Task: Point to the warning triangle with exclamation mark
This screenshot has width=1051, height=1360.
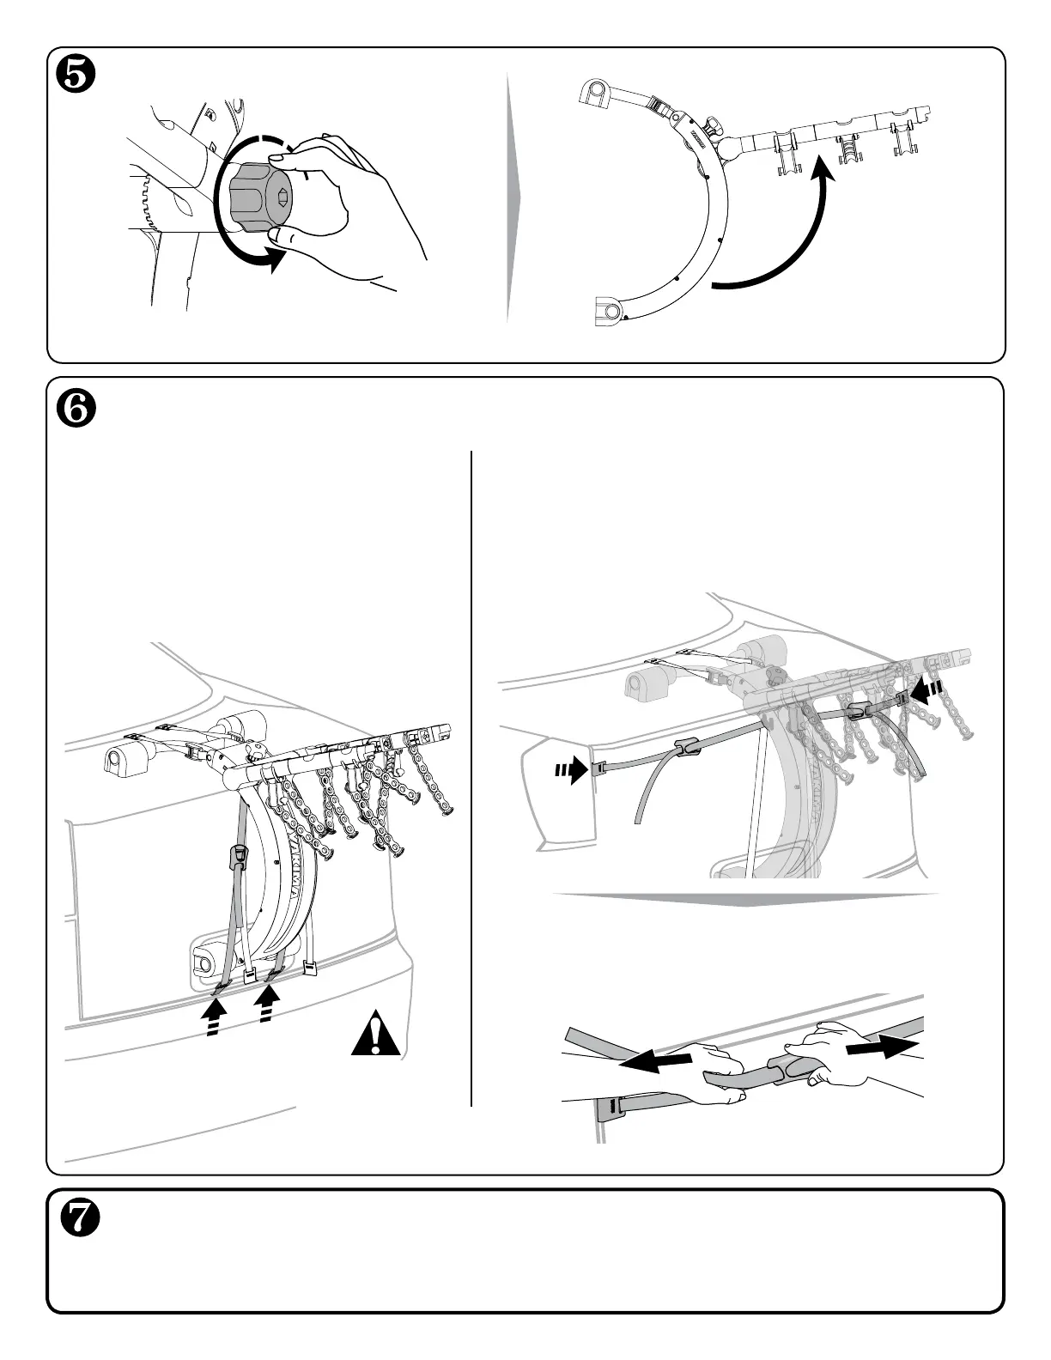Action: pos(376,1035)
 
